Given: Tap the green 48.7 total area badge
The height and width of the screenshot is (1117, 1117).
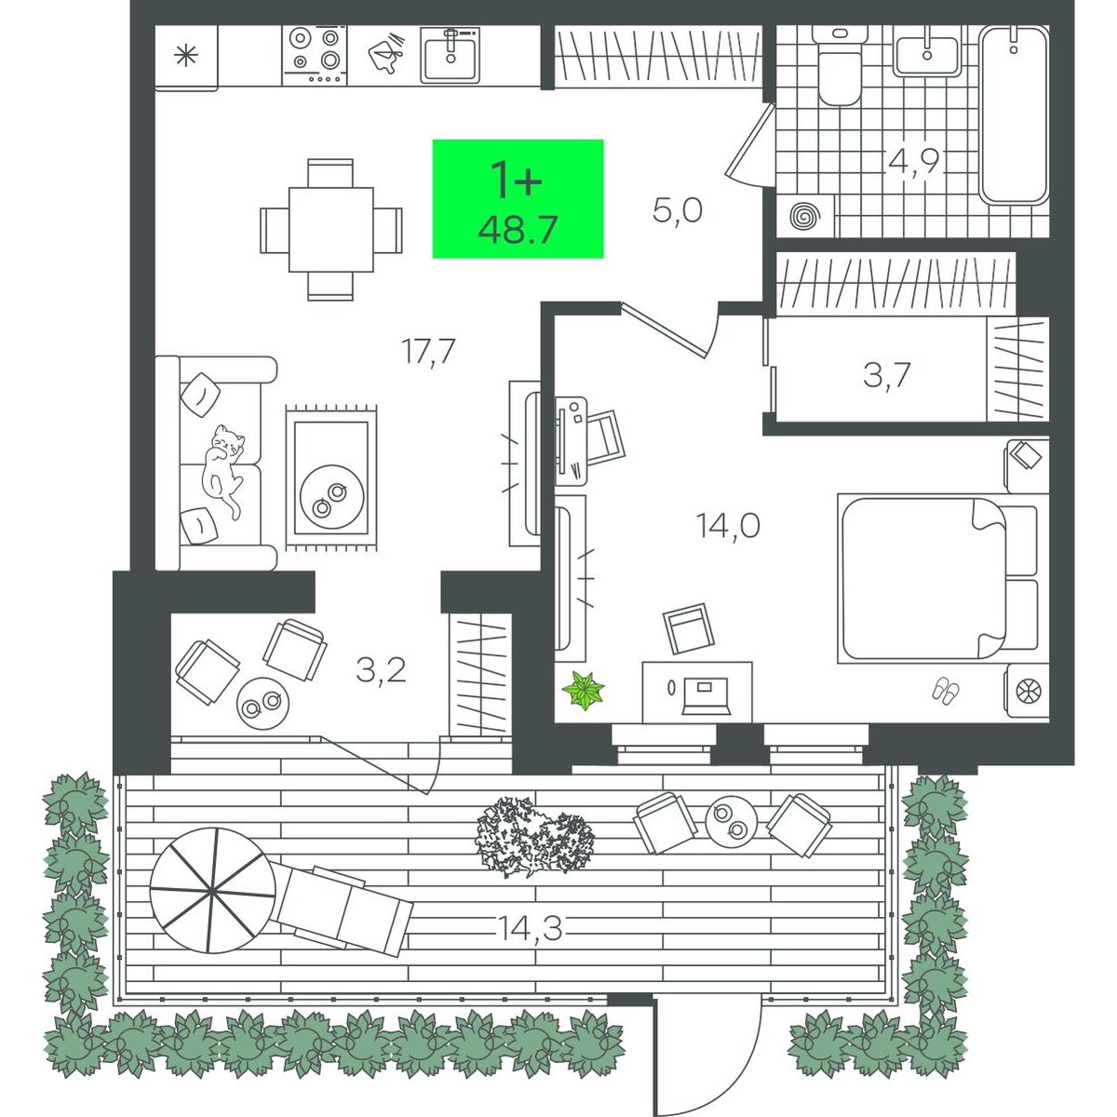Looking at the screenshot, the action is coord(518,199).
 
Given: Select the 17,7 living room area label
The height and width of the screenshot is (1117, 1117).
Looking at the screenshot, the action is coord(429,351).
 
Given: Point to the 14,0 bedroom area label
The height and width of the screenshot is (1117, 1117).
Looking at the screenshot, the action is coord(728,527).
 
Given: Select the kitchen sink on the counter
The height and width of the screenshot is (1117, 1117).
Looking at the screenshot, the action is coord(451,55).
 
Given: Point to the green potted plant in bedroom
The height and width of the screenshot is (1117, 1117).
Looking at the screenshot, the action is coord(583,690).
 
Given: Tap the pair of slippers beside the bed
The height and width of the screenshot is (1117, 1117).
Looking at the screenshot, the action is coord(946,691).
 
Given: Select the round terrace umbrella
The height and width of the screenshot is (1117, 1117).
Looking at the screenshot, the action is coord(213,891).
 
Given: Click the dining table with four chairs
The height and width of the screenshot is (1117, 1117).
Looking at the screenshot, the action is coord(331,230).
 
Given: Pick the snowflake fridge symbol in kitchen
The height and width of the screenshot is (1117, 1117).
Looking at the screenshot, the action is coord(186,56).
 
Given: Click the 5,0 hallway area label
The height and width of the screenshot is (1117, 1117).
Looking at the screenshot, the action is coord(677,209).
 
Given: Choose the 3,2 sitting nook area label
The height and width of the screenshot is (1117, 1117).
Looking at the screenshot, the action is coord(381,670).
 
